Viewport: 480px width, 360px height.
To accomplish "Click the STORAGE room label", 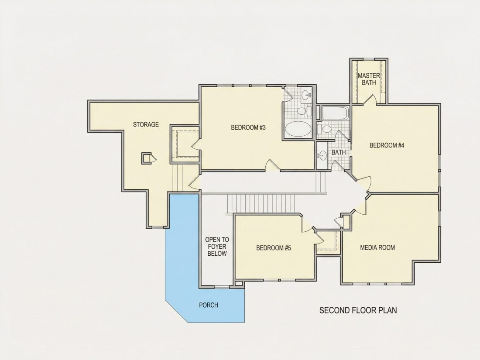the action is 146,124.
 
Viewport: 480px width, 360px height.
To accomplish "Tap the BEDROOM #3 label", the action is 248,127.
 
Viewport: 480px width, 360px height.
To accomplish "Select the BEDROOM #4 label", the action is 387,145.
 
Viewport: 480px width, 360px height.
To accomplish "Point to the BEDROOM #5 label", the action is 273,248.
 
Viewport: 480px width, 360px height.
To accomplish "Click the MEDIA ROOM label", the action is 377,247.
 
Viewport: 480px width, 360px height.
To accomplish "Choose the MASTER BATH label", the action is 369,79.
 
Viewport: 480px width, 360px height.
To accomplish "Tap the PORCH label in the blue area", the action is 209,305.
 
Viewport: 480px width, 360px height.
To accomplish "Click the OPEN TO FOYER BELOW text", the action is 217,247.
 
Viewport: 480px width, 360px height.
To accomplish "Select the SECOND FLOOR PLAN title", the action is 358,310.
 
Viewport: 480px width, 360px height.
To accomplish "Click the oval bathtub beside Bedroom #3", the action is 298,129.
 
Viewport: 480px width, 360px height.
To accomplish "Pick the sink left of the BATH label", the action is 322,156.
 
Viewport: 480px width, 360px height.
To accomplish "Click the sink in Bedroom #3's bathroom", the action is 306,95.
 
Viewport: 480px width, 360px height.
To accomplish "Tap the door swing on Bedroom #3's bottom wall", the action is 272,165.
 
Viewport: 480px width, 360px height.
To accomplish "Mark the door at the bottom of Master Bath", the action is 370,100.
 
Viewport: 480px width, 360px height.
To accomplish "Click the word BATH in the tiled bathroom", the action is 339,152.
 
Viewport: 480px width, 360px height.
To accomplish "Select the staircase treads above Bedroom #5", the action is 261,204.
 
